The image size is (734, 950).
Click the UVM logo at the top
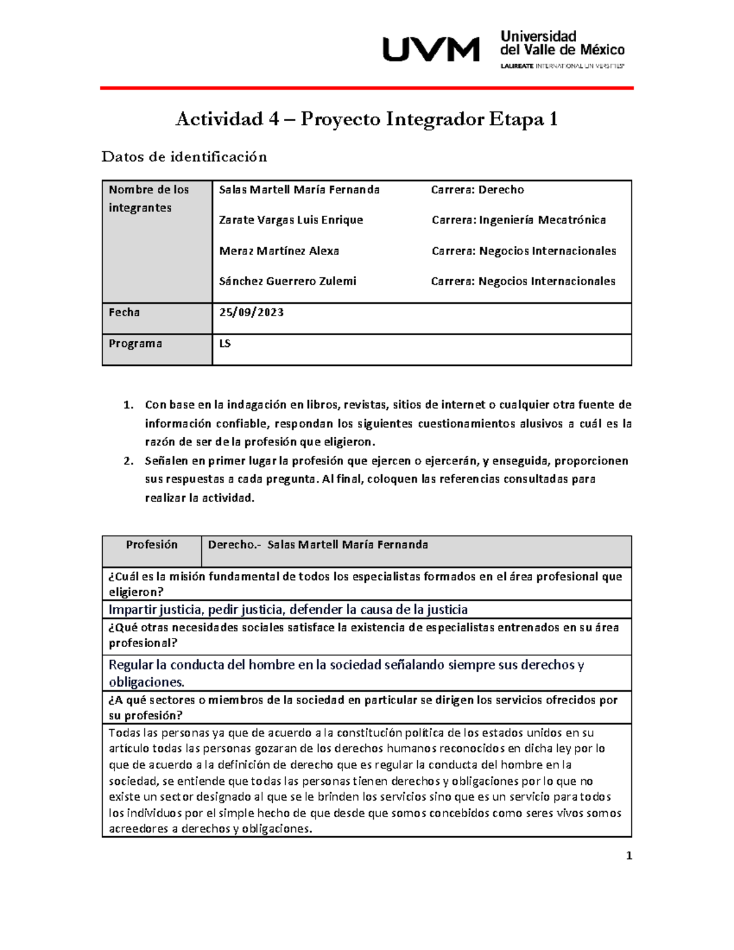pyautogui.click(x=431, y=50)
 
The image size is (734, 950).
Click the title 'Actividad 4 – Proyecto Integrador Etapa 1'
pyautogui.click(x=366, y=119)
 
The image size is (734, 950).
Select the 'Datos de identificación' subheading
pyautogui.click(x=184, y=157)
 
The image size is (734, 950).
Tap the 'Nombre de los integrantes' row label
pyautogui.click(x=149, y=198)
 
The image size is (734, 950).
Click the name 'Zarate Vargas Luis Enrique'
pyautogui.click(x=291, y=220)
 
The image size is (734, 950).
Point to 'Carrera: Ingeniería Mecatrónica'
pyautogui.click(x=519, y=220)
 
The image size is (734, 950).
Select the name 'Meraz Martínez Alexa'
pyautogui.click(x=279, y=251)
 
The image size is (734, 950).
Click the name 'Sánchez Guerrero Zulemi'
pyautogui.click(x=287, y=281)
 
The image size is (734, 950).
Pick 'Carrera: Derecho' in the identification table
pyautogui.click(x=477, y=190)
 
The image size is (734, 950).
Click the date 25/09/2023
pyautogui.click(x=251, y=313)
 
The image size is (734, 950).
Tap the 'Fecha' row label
pyautogui.click(x=124, y=313)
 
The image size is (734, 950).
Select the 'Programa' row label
pyautogui.click(x=135, y=344)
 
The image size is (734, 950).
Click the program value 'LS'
pyautogui.click(x=225, y=344)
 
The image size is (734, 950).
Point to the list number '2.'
pyautogui.click(x=128, y=461)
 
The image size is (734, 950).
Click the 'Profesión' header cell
pyautogui.click(x=152, y=545)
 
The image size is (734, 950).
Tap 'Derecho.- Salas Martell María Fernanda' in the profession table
pyautogui.click(x=318, y=545)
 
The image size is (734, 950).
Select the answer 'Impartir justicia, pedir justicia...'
pyautogui.click(x=288, y=610)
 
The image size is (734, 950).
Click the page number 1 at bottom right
pyautogui.click(x=629, y=856)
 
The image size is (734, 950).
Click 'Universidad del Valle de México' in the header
pyautogui.click(x=562, y=43)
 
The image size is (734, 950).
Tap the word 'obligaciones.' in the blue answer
pyautogui.click(x=147, y=683)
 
